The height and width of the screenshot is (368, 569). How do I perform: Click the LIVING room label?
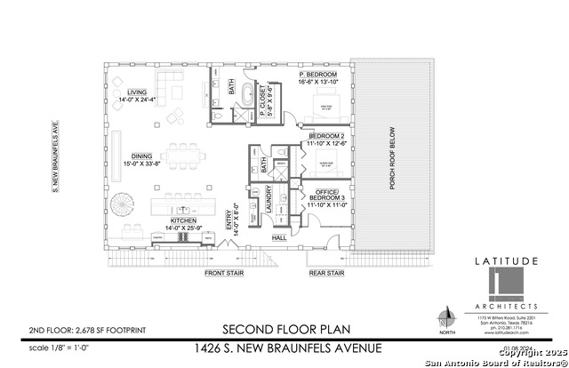coord(136,92)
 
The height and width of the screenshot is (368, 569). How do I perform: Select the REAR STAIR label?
coord(326,273)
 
